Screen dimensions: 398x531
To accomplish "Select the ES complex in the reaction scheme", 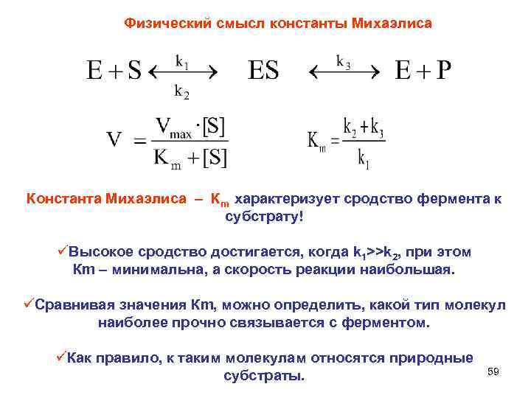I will [x=264, y=71].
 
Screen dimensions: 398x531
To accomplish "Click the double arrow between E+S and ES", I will [x=183, y=74].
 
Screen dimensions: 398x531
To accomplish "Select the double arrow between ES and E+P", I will [x=344, y=74].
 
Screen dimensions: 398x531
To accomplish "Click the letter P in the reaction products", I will [x=443, y=71].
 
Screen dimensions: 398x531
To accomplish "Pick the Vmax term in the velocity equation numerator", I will [x=174, y=126].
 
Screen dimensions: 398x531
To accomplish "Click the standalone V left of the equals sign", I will [x=114, y=140].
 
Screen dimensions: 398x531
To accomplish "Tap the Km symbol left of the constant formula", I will [x=316, y=140].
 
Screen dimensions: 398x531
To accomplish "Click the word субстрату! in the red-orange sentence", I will [x=263, y=219].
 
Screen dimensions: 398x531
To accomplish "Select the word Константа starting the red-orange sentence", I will [x=62, y=199].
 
